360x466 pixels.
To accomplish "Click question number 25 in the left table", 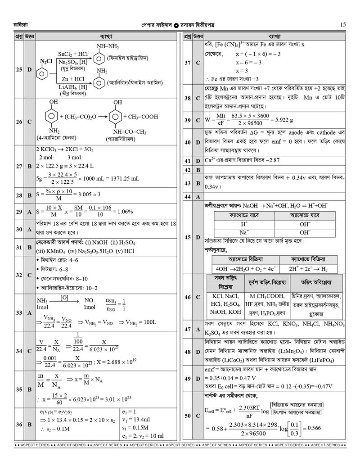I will coord(19,70).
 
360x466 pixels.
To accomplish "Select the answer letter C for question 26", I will coord(29,122).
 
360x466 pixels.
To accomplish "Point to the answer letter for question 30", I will coord(29,229).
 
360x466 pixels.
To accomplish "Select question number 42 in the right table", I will coord(187,170).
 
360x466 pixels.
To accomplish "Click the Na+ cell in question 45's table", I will coord(244,232).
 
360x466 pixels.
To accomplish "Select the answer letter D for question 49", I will coord(198,379).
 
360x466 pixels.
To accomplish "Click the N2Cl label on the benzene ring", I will coord(46,61).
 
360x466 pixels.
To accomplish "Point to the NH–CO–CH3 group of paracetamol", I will coord(129,132).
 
